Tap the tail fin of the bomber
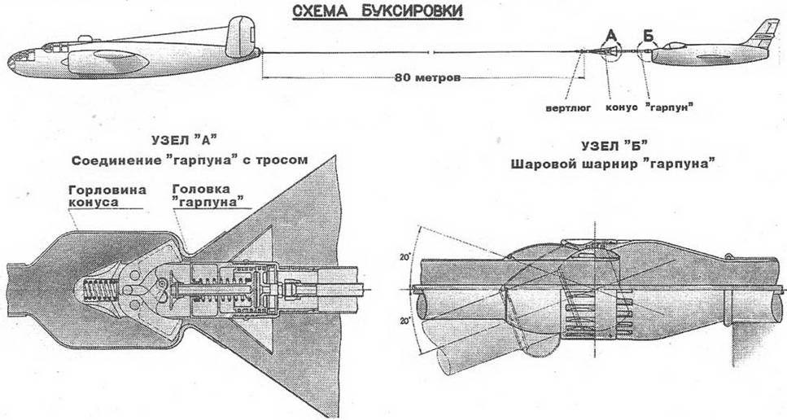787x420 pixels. tap(241, 33)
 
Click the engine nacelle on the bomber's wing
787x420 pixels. tap(106, 60)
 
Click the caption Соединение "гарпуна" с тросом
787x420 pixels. tap(189, 160)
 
